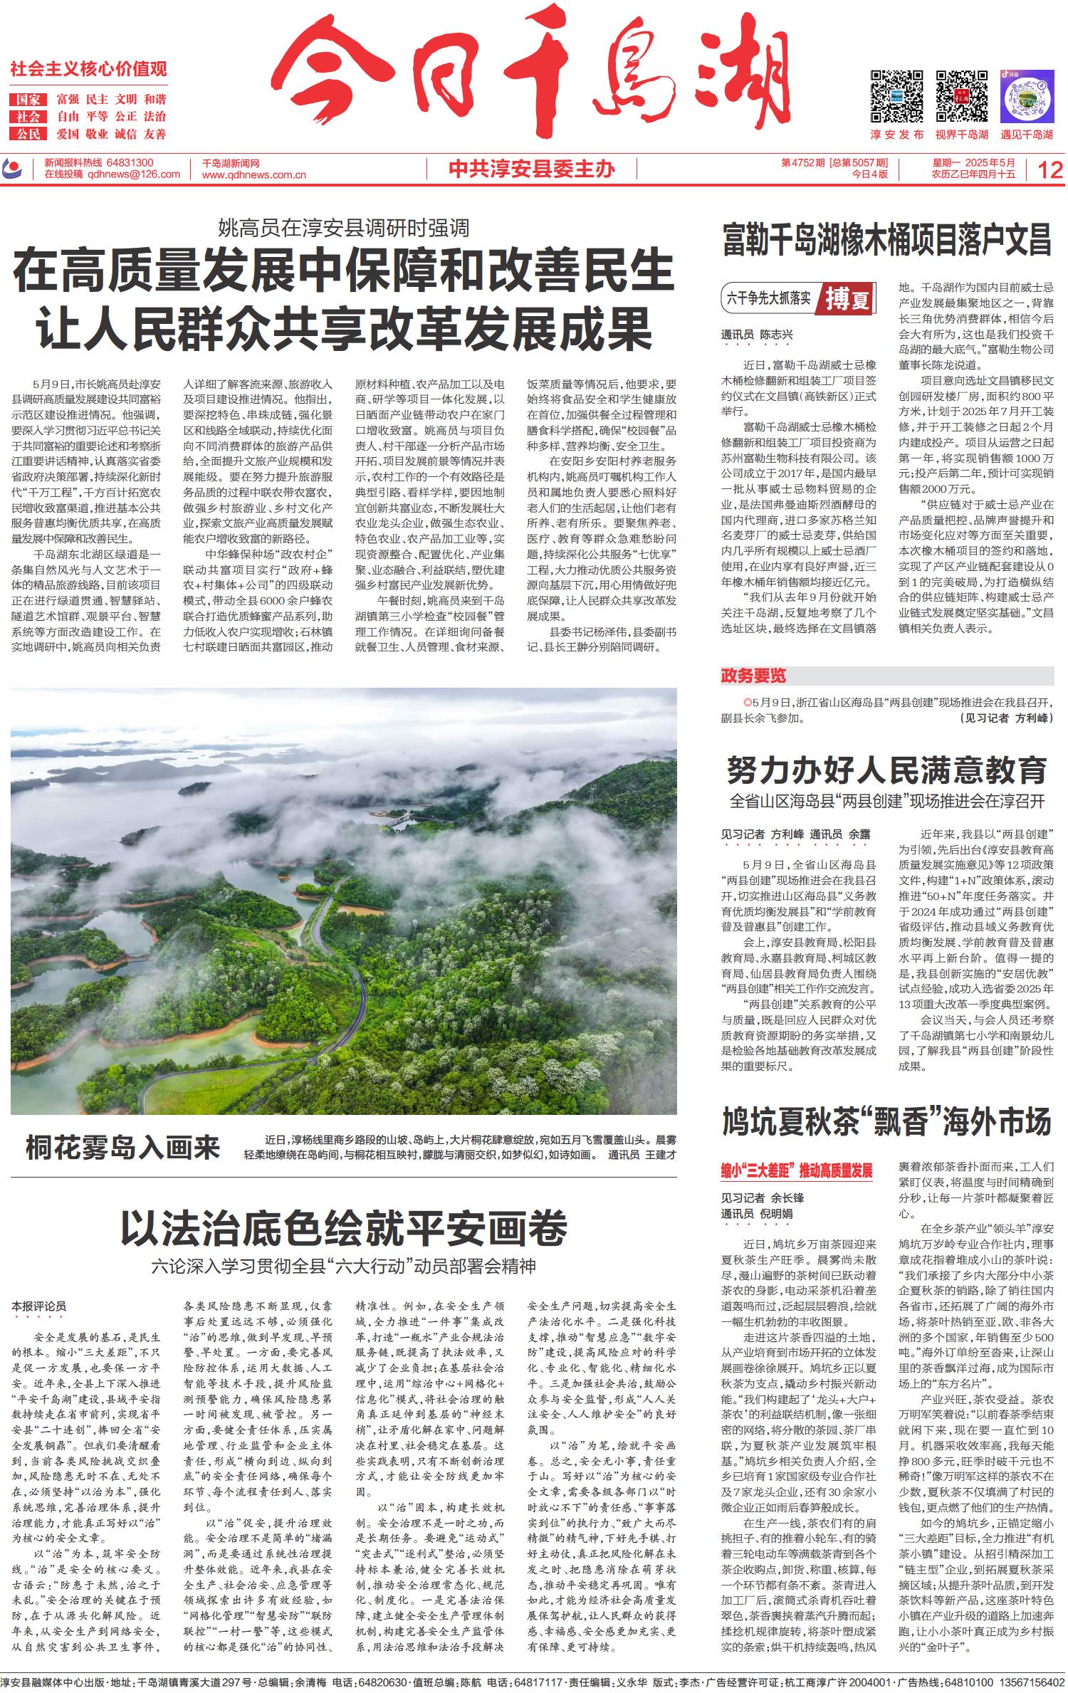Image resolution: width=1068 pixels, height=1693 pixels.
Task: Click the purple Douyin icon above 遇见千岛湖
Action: (x=1026, y=96)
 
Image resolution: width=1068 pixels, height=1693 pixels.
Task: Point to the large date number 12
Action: (x=1050, y=170)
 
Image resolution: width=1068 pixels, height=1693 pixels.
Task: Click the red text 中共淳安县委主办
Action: (x=532, y=169)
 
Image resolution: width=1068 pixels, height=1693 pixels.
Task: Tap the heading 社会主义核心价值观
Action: (x=88, y=69)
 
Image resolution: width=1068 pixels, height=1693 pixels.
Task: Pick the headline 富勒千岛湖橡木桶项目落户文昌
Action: (x=886, y=239)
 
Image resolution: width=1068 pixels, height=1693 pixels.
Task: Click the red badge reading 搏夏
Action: (x=848, y=298)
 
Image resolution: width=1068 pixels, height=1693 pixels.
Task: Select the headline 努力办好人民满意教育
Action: (x=886, y=770)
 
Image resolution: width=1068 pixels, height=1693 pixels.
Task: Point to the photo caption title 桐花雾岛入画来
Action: (x=123, y=1148)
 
